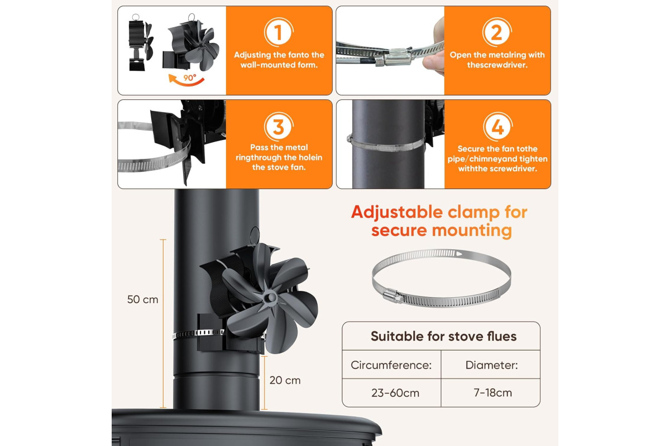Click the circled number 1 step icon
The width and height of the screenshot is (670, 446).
pos(279,32)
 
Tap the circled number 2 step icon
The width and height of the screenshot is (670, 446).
pos(497,32)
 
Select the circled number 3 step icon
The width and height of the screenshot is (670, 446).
pos(279,127)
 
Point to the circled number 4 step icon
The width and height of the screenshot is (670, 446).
pos(497,127)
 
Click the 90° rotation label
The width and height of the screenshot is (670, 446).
pos(190,77)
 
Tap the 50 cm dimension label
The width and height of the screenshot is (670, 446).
pos(143,299)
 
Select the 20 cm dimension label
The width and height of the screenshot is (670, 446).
pos(285,380)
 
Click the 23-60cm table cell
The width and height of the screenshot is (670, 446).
pos(395,393)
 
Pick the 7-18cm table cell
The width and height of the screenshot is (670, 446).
pos(492,392)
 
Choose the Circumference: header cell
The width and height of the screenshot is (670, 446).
pos(391,365)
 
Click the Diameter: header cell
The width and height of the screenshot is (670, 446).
pos(491,365)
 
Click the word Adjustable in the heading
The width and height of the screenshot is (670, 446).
pos(397,212)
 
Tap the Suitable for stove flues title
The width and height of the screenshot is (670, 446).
pos(443,336)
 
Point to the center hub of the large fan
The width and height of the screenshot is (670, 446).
pos(270,297)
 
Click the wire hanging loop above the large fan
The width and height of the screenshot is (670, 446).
pos(255,235)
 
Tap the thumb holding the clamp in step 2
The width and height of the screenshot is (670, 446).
pos(433,61)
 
